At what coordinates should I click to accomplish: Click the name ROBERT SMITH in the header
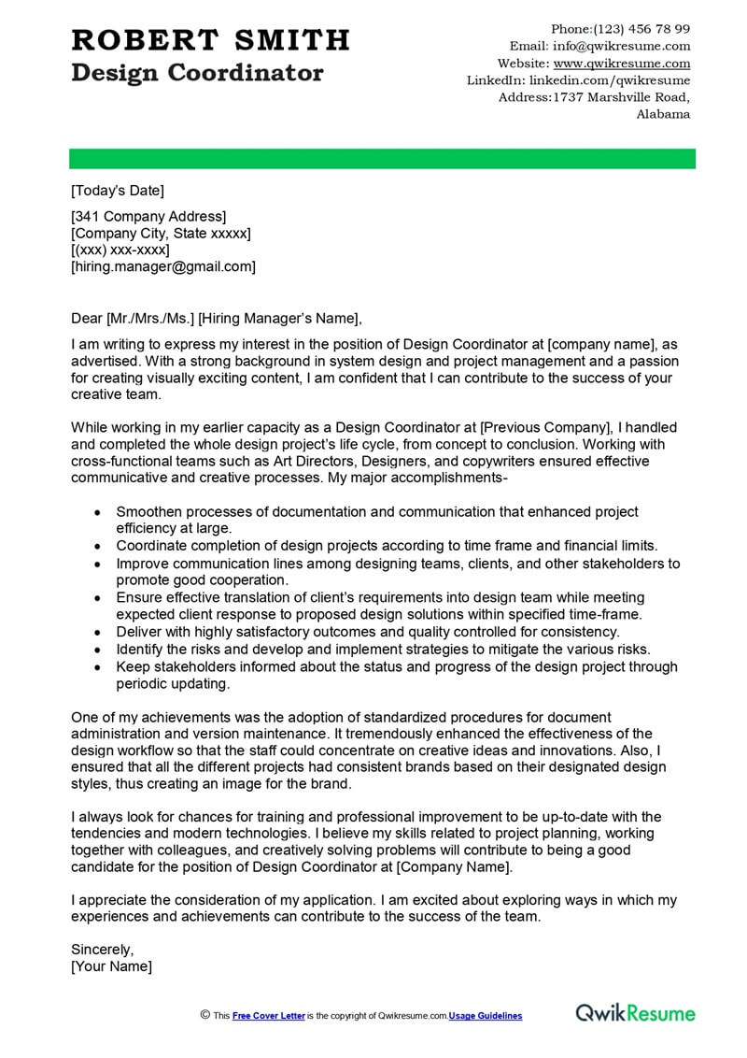click(x=210, y=40)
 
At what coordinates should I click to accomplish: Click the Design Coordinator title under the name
click(x=197, y=73)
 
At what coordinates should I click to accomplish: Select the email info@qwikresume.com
click(x=622, y=46)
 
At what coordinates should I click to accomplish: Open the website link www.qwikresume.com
click(x=622, y=64)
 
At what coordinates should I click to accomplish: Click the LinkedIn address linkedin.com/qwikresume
click(x=615, y=80)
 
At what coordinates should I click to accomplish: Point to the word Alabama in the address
click(x=663, y=114)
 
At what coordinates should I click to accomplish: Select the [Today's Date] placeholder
click(x=117, y=191)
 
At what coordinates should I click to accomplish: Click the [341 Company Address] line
click(x=148, y=217)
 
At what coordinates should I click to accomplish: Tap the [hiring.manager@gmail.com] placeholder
click(x=162, y=266)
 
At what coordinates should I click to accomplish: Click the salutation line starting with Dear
click(x=215, y=317)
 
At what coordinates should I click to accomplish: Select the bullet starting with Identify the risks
click(x=383, y=649)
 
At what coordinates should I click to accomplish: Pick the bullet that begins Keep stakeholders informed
click(x=396, y=667)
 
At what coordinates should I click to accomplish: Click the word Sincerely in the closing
click(x=102, y=949)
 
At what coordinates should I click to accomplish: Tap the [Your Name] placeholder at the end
click(x=111, y=966)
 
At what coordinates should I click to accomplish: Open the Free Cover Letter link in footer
click(x=268, y=1016)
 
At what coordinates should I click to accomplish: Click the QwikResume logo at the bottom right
click(x=635, y=1013)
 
